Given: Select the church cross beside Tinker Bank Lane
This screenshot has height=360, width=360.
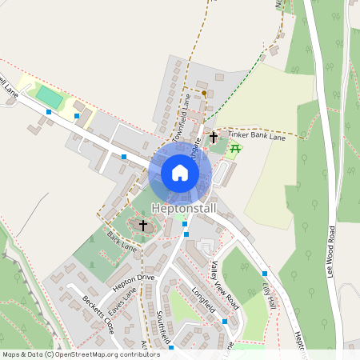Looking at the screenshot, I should tap(214, 138).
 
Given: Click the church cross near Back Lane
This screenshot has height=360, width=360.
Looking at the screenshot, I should tap(143, 226).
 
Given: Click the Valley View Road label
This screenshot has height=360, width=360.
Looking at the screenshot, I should tap(226, 285).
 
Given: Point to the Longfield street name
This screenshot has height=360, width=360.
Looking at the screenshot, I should tap(204, 310).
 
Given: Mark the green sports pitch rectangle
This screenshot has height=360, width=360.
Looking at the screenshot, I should tap(50, 98).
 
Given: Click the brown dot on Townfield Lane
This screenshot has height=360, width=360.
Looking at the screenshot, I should tap(203, 94).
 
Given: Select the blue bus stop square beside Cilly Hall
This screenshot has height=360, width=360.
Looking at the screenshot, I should tap(264, 274).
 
